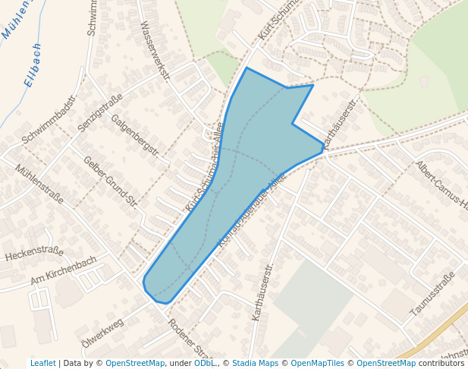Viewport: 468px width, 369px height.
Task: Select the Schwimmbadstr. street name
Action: pyautogui.click(x=50, y=121)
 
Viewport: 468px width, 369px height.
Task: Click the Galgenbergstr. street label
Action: pyautogui.click(x=135, y=135)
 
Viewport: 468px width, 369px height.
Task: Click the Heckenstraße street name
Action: pyautogui.click(x=35, y=254)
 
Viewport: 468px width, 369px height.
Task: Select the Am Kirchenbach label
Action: pyautogui.click(x=64, y=270)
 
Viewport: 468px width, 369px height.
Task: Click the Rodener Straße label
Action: pyautogui.click(x=190, y=340)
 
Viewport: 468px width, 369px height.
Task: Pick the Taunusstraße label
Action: pyautogui.click(x=432, y=294)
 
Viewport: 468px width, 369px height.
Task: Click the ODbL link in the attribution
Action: pyautogui.click(x=204, y=364)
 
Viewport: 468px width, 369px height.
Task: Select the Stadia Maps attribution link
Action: pyautogui.click(x=255, y=364)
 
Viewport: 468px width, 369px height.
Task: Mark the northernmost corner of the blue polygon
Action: pyautogui.click(x=247, y=68)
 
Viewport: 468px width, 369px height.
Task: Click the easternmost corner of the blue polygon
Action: pyautogui.click(x=324, y=150)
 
